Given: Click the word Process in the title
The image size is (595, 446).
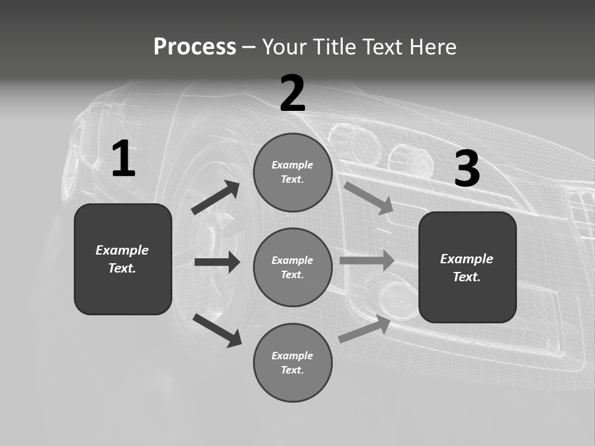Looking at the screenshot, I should [x=195, y=46].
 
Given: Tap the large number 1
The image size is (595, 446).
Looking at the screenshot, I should [x=123, y=159].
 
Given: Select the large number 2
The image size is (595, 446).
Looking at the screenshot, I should [x=293, y=93].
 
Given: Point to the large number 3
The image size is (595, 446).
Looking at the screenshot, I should [x=467, y=169].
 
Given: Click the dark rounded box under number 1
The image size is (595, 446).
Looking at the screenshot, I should [x=123, y=259].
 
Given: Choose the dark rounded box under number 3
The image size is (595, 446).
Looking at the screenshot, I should [x=467, y=267].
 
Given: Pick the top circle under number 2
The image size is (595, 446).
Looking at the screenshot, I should [x=293, y=172].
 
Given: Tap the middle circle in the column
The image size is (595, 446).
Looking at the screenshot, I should [x=293, y=267].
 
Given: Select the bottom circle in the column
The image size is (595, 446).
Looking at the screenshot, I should [x=293, y=362].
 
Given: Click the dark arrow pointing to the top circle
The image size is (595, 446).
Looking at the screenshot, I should [x=216, y=198].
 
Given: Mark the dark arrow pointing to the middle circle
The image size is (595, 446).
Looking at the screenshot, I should [x=217, y=262].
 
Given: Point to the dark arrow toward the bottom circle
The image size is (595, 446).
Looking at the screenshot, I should [x=217, y=330].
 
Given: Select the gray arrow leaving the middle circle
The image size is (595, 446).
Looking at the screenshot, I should [x=367, y=260].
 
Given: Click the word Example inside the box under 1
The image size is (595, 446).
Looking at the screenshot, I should [x=122, y=250].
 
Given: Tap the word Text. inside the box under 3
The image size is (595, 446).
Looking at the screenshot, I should [x=467, y=277].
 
